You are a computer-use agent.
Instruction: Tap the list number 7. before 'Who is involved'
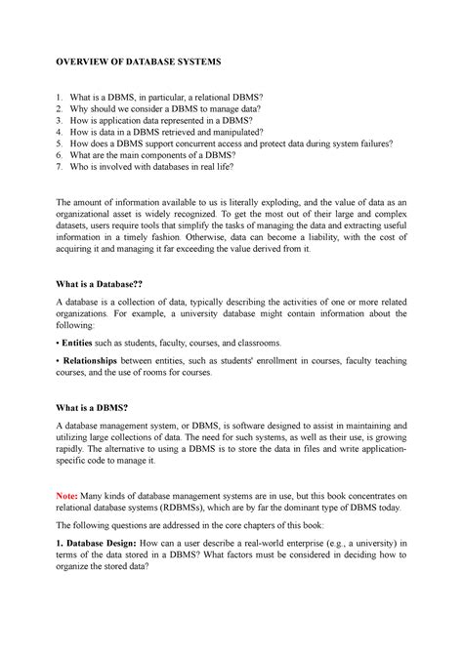tap(60, 168)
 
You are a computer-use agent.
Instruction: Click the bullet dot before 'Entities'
tap(57, 344)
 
